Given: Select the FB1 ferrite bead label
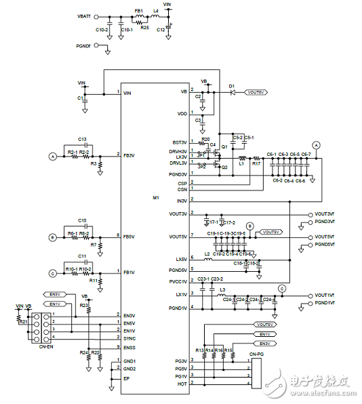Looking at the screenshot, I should coord(139,11).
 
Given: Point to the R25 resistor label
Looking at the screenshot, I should coord(144,28).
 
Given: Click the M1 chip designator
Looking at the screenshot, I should coord(156,197).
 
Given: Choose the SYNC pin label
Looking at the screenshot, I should coord(129,337).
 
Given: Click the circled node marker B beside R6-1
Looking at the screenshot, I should coord(52,237).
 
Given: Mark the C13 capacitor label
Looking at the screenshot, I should coord(82,138).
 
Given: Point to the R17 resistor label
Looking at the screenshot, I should coord(256,163).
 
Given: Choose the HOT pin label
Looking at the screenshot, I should coord(182,384).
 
